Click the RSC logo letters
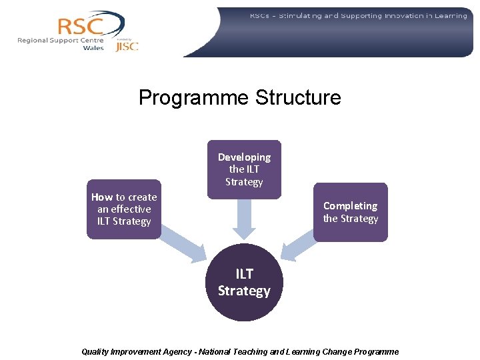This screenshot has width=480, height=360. pos(81,26)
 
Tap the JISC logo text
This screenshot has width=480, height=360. pos(127,47)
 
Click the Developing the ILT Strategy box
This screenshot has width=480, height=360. pos(244,169)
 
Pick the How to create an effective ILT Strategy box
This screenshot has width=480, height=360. pos(124,209)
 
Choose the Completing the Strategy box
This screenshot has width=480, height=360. pos(351,212)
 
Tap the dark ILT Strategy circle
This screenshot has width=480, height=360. pos(244,283)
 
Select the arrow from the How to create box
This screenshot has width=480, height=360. pos(184,244)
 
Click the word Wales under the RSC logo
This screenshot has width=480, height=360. pos(93,48)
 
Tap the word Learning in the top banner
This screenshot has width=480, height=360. pos(448,15)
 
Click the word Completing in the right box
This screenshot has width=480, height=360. pos(350,206)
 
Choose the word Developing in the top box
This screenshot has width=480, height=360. pos(244,157)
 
